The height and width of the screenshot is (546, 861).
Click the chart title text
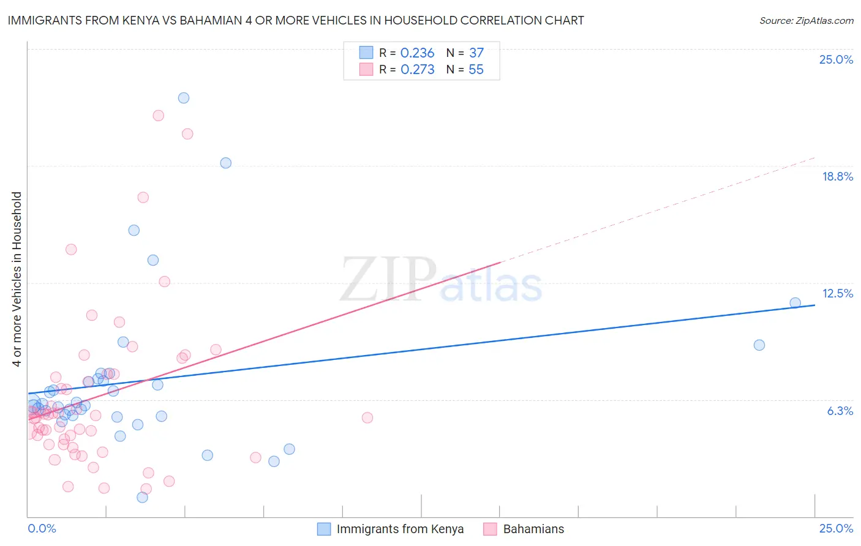click(x=296, y=20)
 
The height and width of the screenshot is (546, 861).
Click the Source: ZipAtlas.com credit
click(x=806, y=20)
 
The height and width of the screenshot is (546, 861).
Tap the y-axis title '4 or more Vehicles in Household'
click(x=17, y=279)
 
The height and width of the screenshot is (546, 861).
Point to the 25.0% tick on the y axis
click(x=836, y=59)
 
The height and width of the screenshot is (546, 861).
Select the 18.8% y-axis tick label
click(x=837, y=176)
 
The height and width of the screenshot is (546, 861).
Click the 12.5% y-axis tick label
click(x=837, y=293)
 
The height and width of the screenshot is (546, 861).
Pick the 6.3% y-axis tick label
click(x=840, y=411)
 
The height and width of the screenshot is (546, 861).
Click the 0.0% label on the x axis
click(x=42, y=528)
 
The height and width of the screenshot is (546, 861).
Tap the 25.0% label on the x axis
click(x=836, y=528)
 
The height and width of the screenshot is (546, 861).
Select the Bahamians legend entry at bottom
click(x=533, y=529)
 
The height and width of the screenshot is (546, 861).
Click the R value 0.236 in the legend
click(x=417, y=53)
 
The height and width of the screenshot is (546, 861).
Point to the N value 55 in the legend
click(x=476, y=70)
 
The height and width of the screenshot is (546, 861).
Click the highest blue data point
click(x=184, y=98)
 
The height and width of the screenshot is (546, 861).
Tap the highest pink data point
click(x=159, y=116)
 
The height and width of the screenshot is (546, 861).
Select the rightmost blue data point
click(x=795, y=302)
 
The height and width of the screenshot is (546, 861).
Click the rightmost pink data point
click(x=367, y=417)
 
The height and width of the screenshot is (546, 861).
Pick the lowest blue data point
click(x=143, y=497)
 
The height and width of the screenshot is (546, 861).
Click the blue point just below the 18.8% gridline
click(x=226, y=163)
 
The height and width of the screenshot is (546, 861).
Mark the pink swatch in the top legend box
click(x=366, y=69)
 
